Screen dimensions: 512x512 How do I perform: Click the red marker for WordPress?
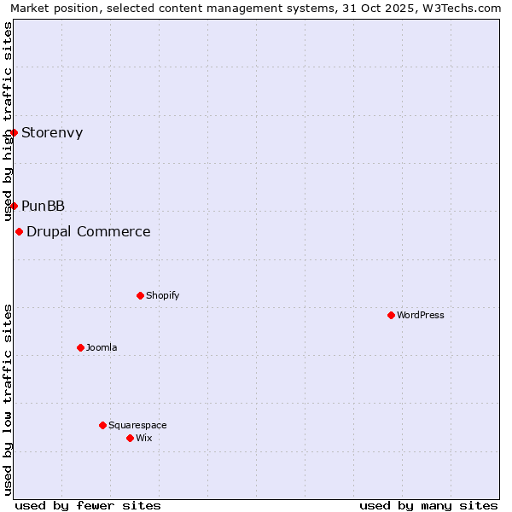(391, 315)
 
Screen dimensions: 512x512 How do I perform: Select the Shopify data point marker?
(140, 295)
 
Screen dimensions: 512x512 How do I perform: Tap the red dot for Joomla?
(80, 347)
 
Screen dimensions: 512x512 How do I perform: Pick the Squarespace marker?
(102, 425)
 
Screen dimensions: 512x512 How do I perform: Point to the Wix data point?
(130, 438)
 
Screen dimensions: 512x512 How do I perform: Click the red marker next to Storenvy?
(14, 132)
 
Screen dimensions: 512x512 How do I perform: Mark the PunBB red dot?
(14, 206)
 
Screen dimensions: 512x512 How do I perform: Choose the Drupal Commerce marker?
(19, 231)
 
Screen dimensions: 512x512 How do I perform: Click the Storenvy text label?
(52, 132)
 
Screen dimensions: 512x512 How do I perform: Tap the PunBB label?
(43, 206)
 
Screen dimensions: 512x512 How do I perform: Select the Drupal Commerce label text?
(89, 231)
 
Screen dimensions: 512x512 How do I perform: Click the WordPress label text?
(421, 315)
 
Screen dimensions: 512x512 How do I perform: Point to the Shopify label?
(162, 295)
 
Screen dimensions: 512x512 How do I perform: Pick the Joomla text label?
(102, 347)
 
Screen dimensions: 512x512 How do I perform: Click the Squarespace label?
(137, 425)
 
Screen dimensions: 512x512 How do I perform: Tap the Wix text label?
(143, 438)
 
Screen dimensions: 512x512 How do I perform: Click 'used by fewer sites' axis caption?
(88, 505)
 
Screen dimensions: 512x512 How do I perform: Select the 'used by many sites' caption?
(428, 505)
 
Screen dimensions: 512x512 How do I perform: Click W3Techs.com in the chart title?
(462, 9)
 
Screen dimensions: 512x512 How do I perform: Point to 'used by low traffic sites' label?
(9, 399)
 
